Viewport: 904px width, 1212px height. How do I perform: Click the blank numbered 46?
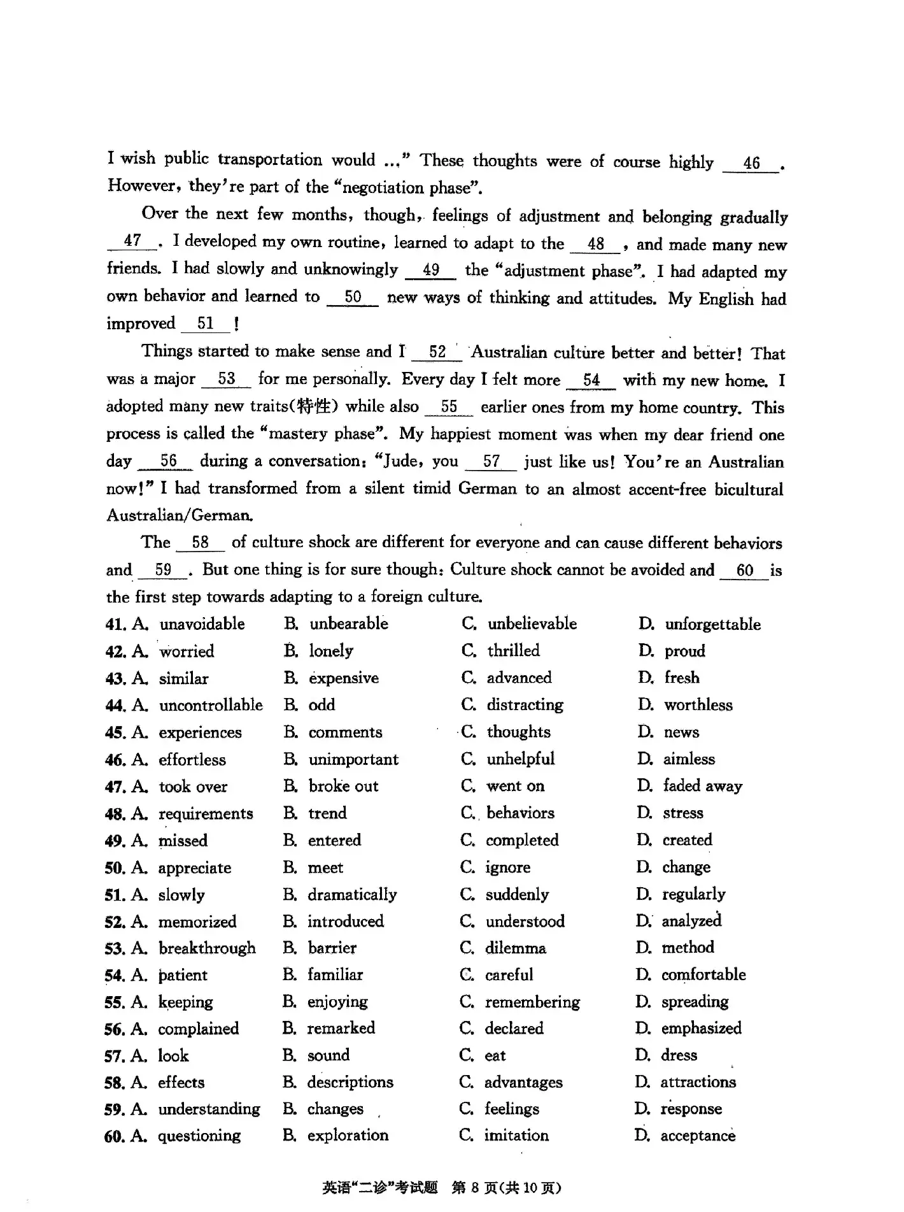click(x=751, y=164)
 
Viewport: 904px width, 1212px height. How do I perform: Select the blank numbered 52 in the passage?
click(x=437, y=352)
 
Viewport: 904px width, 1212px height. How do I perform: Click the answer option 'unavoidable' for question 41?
click(x=202, y=624)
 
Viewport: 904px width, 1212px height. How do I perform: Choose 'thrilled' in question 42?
click(x=513, y=651)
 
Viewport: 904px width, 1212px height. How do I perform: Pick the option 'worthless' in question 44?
click(x=698, y=705)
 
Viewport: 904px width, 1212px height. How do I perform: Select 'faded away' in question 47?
click(x=702, y=787)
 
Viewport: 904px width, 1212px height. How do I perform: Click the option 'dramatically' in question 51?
click(x=352, y=895)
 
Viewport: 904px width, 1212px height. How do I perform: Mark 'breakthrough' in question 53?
click(x=207, y=948)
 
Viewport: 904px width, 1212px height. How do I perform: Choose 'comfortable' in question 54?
click(x=703, y=975)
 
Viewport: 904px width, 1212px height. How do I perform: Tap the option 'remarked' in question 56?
click(x=341, y=1029)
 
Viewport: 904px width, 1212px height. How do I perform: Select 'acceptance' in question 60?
click(x=698, y=1136)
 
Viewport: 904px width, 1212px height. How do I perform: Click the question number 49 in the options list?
click(x=115, y=841)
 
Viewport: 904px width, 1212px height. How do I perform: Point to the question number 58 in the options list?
click(x=114, y=1083)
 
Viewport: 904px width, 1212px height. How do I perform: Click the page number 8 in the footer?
click(x=474, y=1188)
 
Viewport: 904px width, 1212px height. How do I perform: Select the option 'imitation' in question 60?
click(x=516, y=1136)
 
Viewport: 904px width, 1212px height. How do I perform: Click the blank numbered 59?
click(x=163, y=570)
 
